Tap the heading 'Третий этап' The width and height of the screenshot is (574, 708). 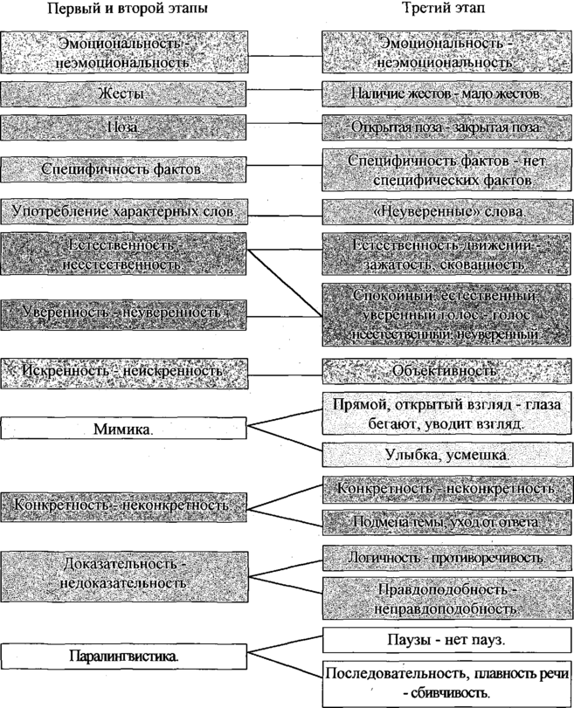pyautogui.click(x=445, y=10)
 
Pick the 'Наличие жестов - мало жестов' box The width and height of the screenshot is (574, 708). pyautogui.click(x=446, y=93)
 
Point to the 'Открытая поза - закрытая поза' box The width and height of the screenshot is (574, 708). pyautogui.click(x=446, y=127)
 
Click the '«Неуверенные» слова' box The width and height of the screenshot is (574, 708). pyautogui.click(x=446, y=213)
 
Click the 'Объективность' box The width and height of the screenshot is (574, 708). pyautogui.click(x=446, y=371)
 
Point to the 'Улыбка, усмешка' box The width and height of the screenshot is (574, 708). pyautogui.click(x=446, y=455)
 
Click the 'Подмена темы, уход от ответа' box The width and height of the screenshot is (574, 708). pyautogui.click(x=446, y=521)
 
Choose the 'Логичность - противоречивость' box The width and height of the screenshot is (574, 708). pyautogui.click(x=446, y=556)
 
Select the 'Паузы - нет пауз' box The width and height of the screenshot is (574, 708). pyautogui.click(x=446, y=640)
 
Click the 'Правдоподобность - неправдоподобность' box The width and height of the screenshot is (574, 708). pyautogui.click(x=446, y=597)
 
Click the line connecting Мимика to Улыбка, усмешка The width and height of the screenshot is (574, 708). pyautogui.click(x=285, y=441)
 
